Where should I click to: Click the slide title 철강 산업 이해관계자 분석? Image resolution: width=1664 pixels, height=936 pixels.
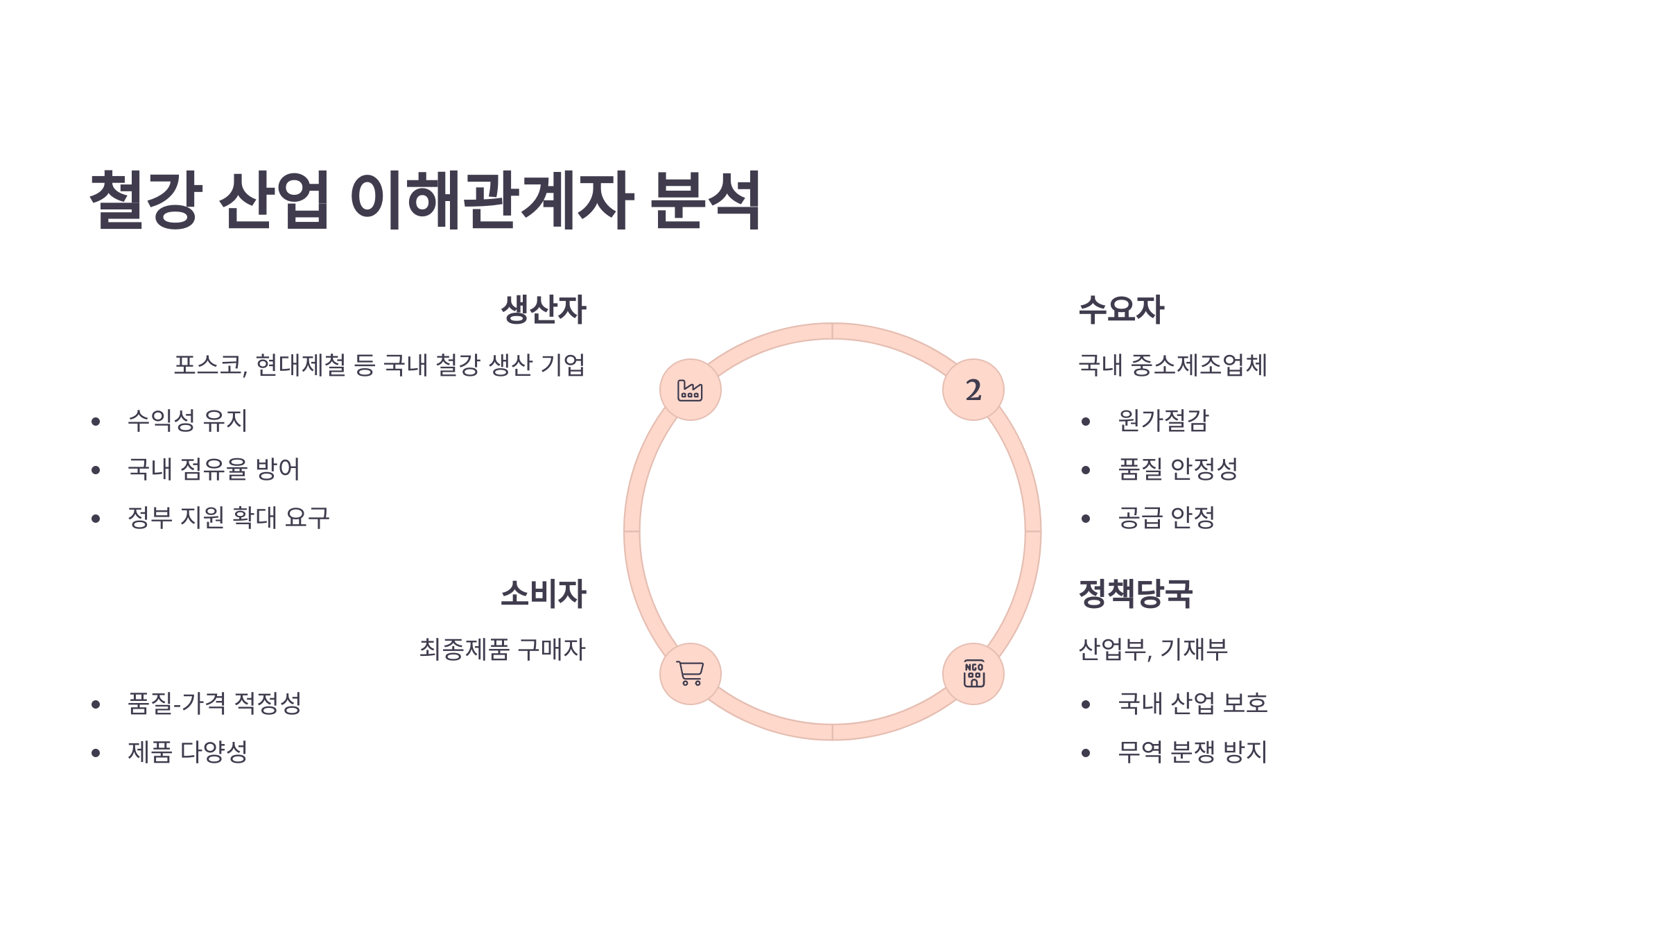click(x=425, y=200)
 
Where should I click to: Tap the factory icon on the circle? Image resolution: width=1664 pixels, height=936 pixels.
click(x=690, y=390)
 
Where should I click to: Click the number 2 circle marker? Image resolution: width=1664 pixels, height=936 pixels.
click(x=973, y=390)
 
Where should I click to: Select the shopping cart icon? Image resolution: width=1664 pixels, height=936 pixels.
click(x=690, y=674)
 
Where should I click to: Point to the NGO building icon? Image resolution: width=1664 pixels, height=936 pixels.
click(x=973, y=674)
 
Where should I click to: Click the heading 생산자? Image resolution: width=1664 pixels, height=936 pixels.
click(x=544, y=309)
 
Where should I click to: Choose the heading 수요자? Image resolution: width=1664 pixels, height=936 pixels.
click(x=1121, y=309)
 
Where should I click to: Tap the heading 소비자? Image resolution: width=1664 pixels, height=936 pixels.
click(x=544, y=594)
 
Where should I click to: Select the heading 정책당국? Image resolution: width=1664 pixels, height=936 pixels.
click(x=1135, y=594)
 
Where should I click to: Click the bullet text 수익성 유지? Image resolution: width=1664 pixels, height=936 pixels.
click(x=187, y=421)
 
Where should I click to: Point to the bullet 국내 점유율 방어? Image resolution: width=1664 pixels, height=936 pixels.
click(x=214, y=469)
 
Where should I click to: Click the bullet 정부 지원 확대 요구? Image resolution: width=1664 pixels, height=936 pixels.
click(x=228, y=518)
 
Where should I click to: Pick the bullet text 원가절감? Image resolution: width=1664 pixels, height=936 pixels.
click(x=1163, y=421)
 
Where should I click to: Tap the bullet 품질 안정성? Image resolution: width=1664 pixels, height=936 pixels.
click(x=1177, y=469)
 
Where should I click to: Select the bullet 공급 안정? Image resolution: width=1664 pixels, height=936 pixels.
click(x=1166, y=518)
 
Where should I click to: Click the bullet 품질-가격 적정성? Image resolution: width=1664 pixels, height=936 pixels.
click(x=214, y=704)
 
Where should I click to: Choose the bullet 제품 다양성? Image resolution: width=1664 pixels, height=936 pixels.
click(x=187, y=752)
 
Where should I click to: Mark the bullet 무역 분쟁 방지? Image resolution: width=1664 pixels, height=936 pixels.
click(x=1193, y=752)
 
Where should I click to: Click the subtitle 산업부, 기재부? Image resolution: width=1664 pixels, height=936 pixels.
click(x=1153, y=650)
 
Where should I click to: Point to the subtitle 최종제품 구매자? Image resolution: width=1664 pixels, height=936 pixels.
click(x=502, y=650)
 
